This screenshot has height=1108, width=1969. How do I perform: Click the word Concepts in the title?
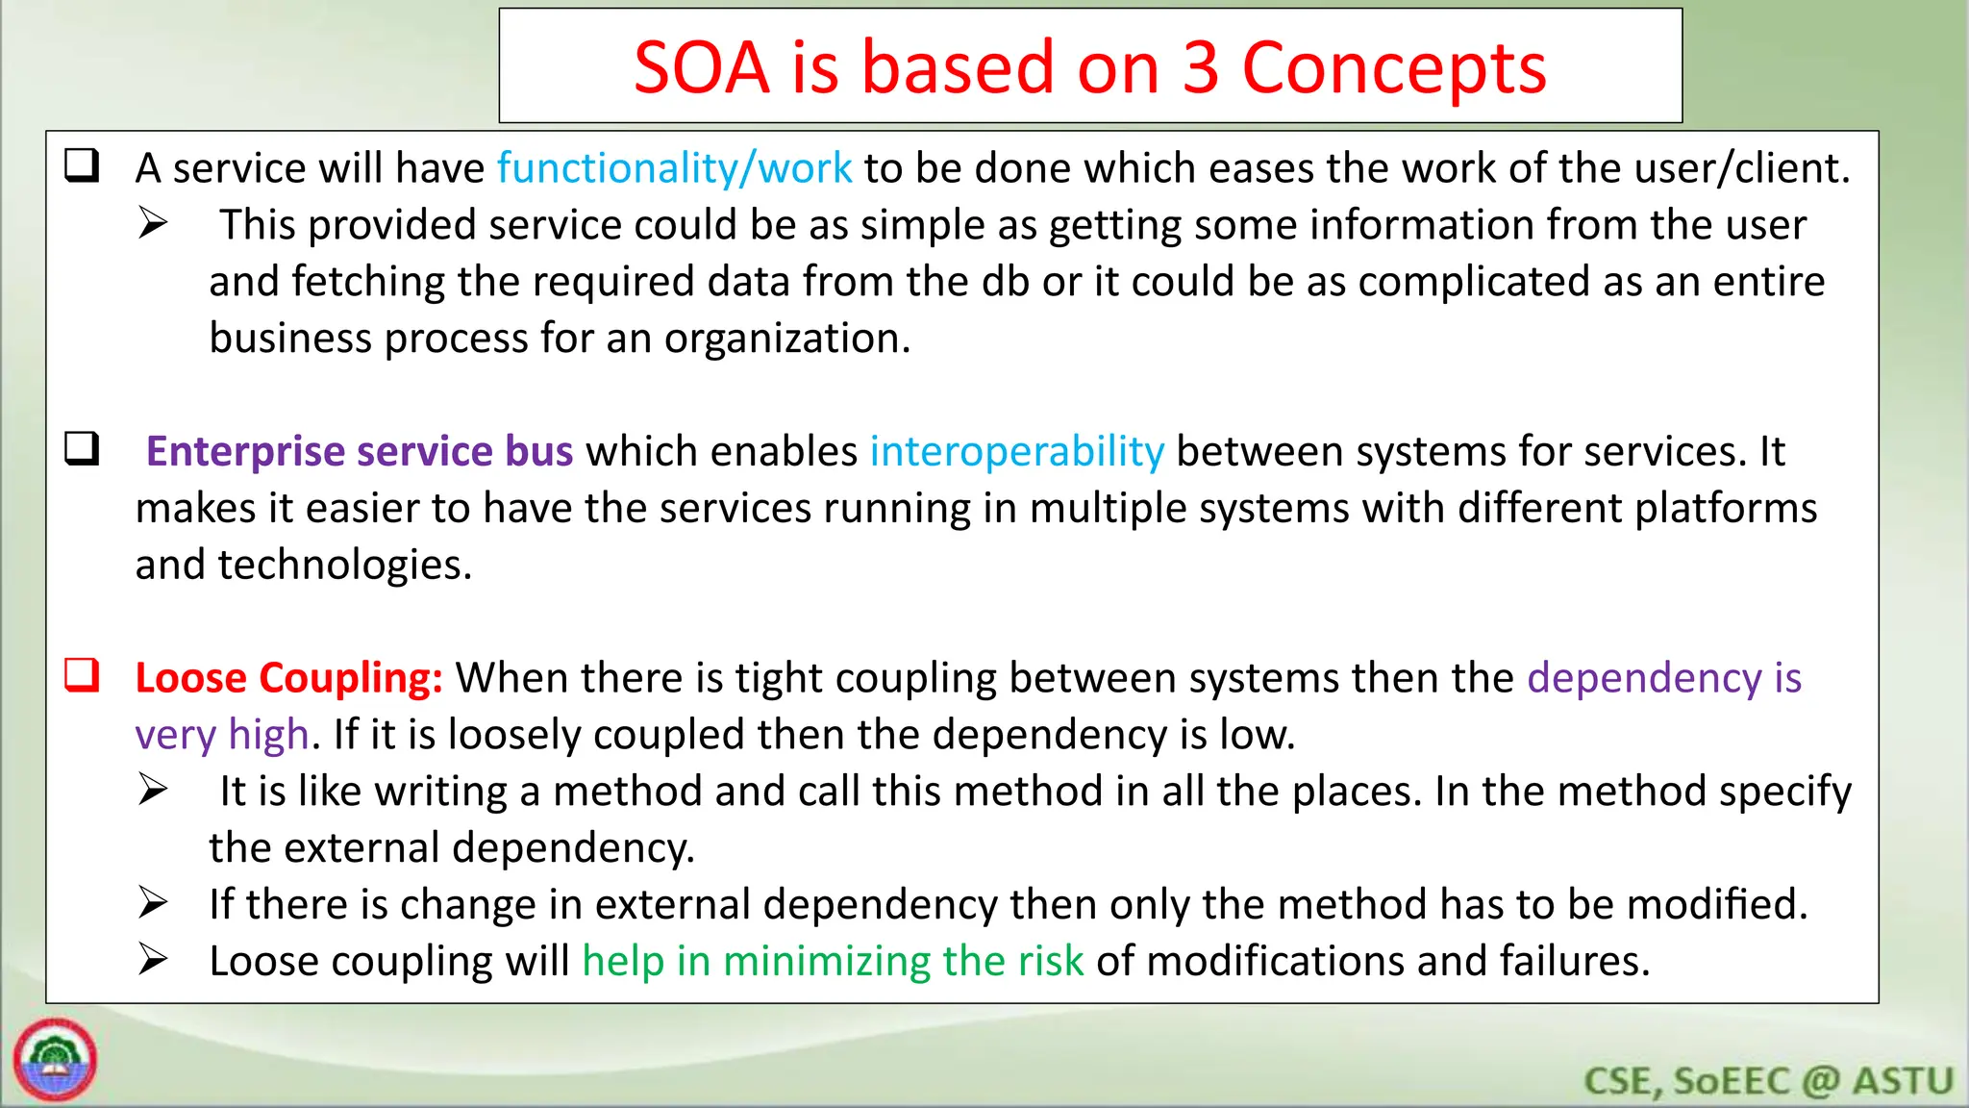(x=1393, y=68)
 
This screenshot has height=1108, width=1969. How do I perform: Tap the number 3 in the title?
(x=1201, y=68)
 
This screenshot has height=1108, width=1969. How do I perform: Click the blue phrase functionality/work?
(x=674, y=168)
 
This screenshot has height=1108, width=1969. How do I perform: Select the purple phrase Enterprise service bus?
(x=360, y=451)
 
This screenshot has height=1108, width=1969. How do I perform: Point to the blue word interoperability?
(x=1016, y=451)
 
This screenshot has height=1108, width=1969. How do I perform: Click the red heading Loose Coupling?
(x=288, y=678)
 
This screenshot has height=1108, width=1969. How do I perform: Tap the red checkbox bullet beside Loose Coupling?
(x=83, y=675)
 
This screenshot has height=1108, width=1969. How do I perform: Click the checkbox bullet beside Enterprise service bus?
(x=83, y=449)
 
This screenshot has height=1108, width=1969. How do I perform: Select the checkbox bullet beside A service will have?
(x=83, y=165)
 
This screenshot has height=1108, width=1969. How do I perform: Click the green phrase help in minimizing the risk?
(x=833, y=961)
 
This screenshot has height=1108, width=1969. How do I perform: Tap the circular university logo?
(x=55, y=1059)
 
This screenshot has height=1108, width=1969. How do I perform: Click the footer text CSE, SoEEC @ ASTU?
(x=1768, y=1081)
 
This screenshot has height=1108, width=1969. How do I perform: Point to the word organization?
(x=785, y=339)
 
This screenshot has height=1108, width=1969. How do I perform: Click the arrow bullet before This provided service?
(x=153, y=223)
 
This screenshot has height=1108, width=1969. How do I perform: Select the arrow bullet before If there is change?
(x=153, y=903)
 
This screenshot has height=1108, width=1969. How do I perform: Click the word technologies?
(x=345, y=565)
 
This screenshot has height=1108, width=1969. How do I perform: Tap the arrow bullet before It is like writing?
(x=153, y=790)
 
